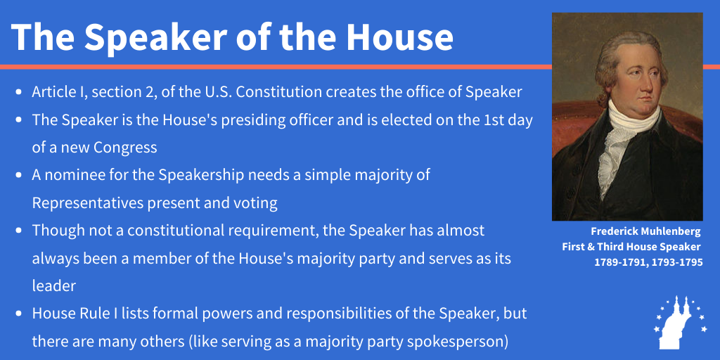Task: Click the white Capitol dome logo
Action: point(681,322)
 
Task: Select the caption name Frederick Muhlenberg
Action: point(645,231)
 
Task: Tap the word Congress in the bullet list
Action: point(125,148)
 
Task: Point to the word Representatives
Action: point(88,203)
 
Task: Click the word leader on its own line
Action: point(53,285)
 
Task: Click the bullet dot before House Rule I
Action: point(19,314)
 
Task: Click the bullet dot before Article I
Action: point(19,92)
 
